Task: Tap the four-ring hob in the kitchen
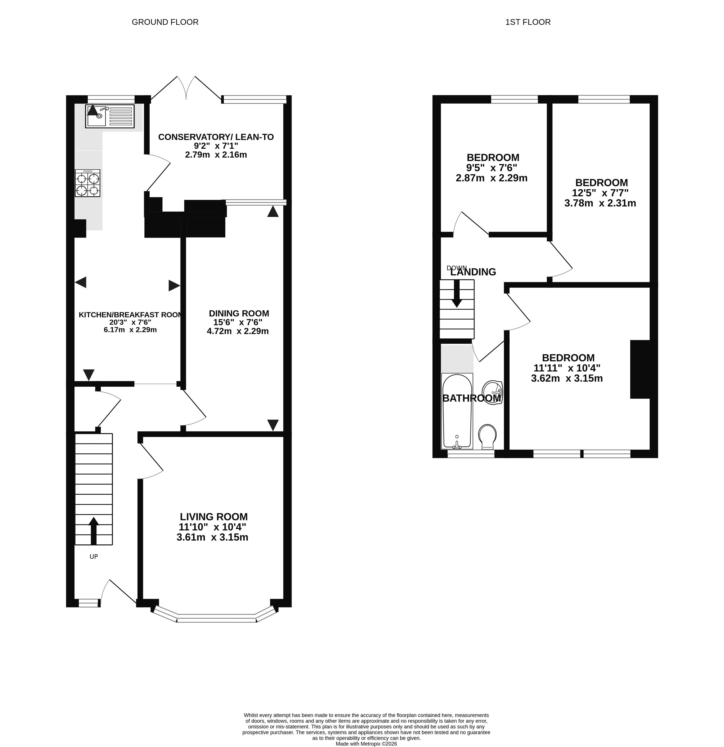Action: pyautogui.click(x=87, y=183)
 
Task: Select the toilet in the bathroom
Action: pyautogui.click(x=487, y=437)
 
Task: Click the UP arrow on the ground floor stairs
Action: pyautogui.click(x=93, y=531)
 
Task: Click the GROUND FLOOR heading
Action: pyautogui.click(x=165, y=22)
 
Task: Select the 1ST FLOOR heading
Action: pyautogui.click(x=528, y=22)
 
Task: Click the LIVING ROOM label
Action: pyautogui.click(x=214, y=517)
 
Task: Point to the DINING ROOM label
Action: pyautogui.click(x=239, y=313)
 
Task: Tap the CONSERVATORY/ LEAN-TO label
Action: pyautogui.click(x=216, y=137)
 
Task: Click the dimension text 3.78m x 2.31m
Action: pyautogui.click(x=600, y=203)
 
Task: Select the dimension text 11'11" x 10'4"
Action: pyautogui.click(x=567, y=368)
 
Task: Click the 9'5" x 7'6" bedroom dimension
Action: pyautogui.click(x=492, y=168)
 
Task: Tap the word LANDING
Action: pyautogui.click(x=473, y=272)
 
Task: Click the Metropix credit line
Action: pyautogui.click(x=366, y=743)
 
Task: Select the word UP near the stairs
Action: pyautogui.click(x=93, y=557)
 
